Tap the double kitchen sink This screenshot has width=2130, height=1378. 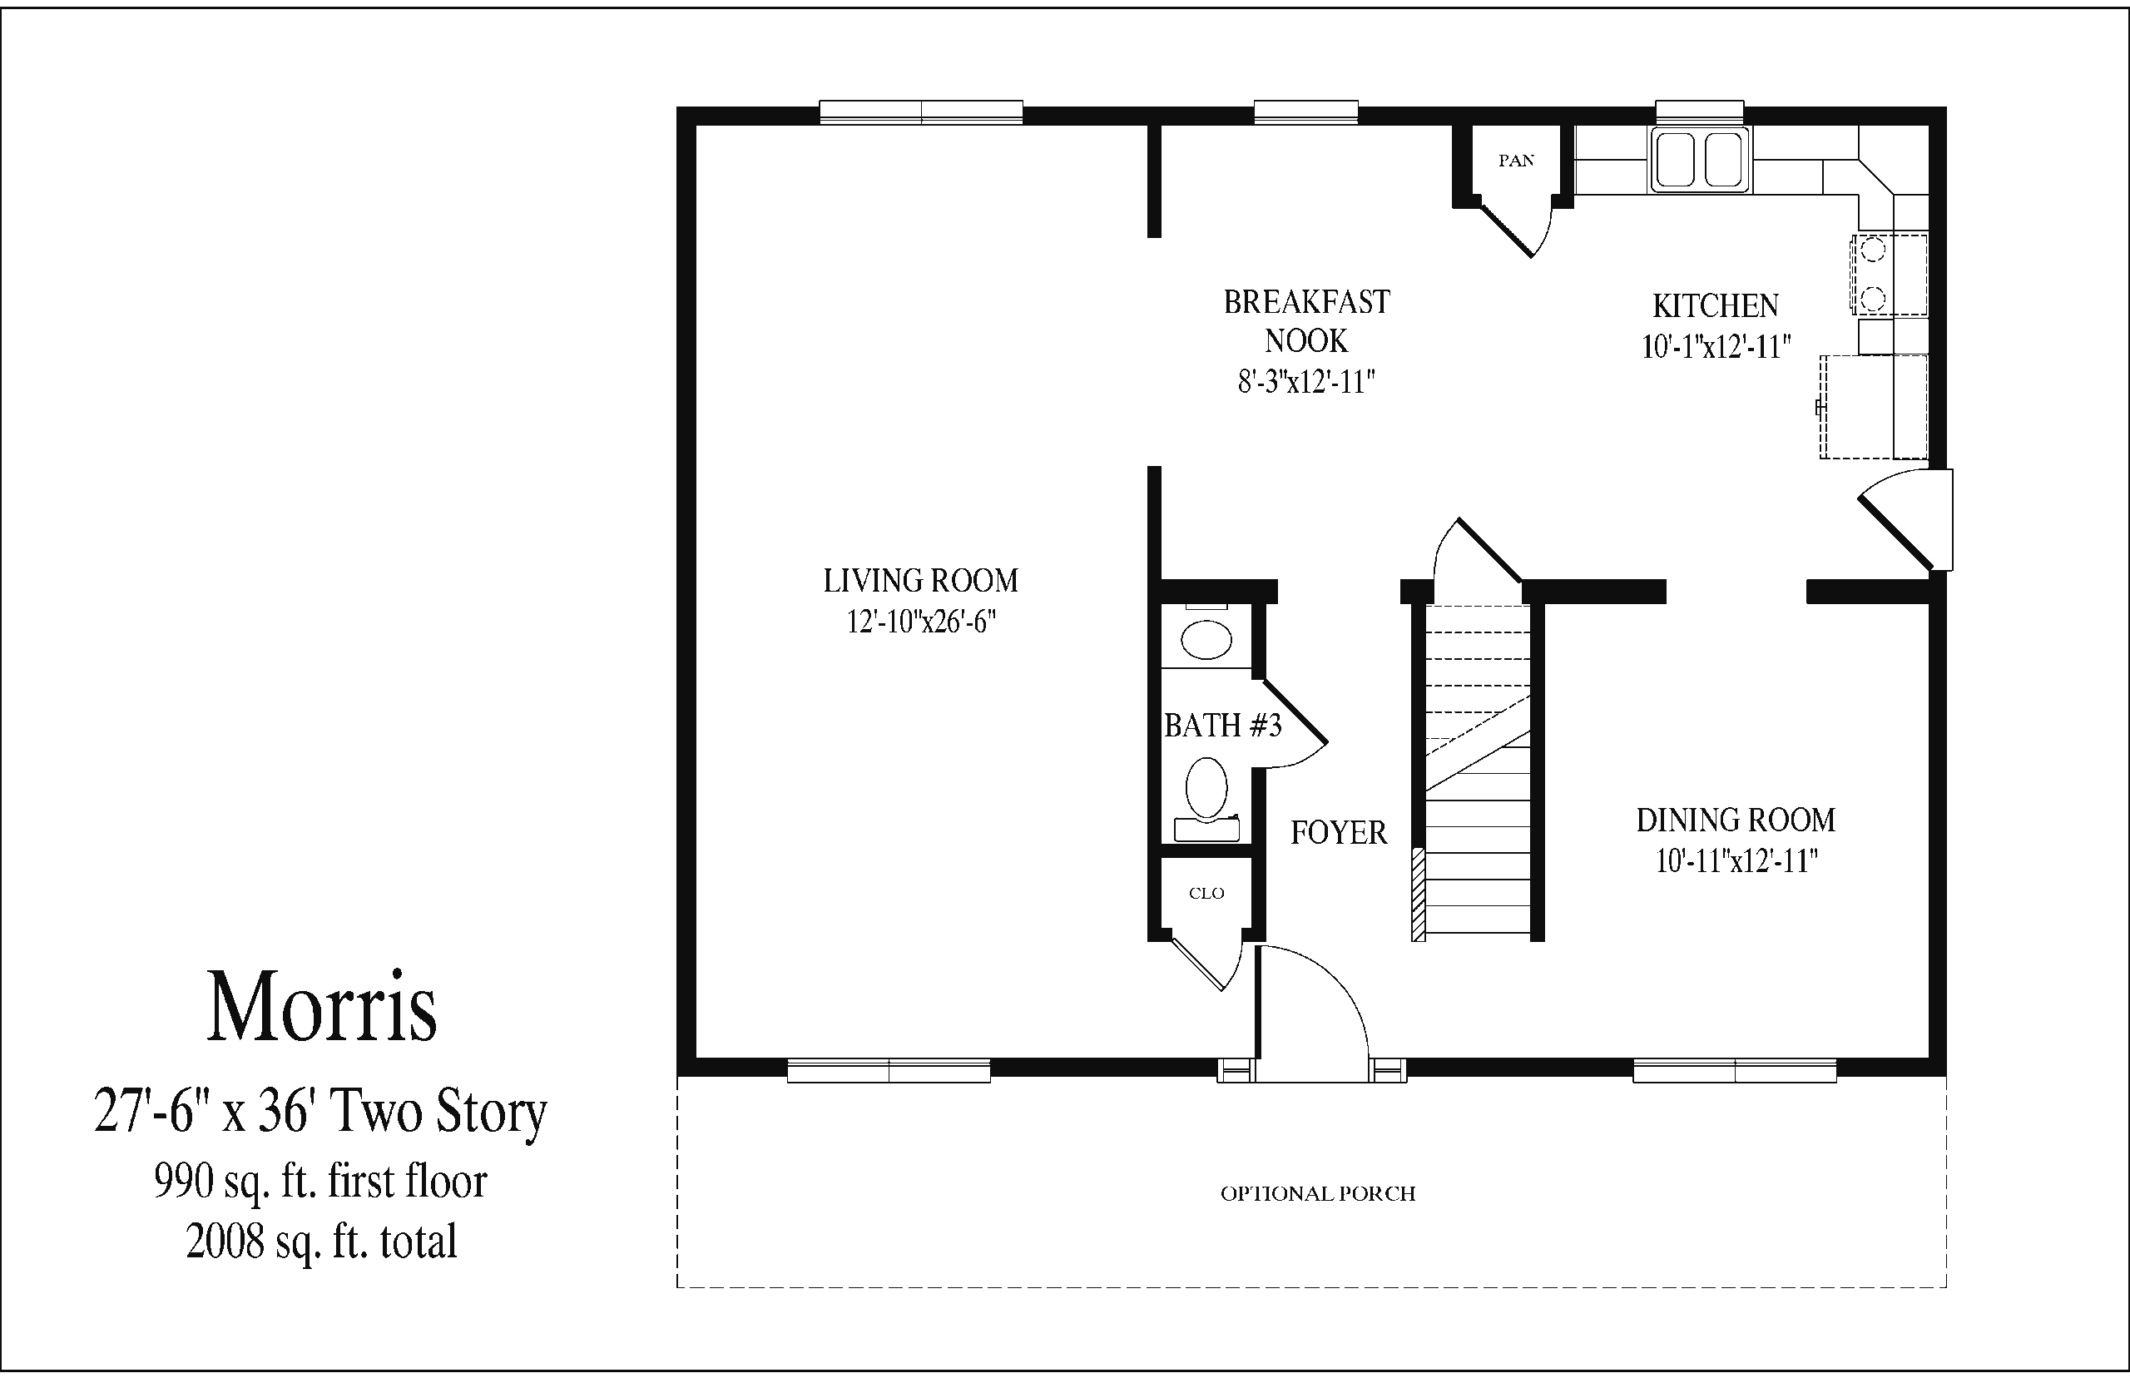click(1700, 159)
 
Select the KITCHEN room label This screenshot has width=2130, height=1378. click(1715, 306)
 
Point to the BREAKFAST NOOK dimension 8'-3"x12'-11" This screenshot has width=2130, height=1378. click(1306, 382)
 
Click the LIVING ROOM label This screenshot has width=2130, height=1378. click(920, 581)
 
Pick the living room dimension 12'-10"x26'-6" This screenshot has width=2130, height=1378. click(921, 621)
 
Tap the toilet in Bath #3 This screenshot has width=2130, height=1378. click(1206, 799)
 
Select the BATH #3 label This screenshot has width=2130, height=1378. click(1223, 725)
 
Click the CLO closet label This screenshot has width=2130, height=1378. click(1206, 893)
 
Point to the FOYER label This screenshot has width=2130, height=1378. click(1338, 833)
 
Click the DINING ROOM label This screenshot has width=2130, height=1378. click(1736, 820)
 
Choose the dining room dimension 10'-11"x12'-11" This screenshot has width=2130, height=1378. click(1736, 860)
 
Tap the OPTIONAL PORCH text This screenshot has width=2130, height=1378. click(1318, 1193)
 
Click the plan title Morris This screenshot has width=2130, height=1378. click(322, 1008)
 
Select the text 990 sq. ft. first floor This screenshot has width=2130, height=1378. click(320, 1181)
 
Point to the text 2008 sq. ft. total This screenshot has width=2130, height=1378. click(322, 1241)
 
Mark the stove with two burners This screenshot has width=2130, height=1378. click(1889, 274)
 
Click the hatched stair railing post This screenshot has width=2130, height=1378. click(1418, 894)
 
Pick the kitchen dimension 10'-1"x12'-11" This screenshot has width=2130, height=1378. click(1716, 346)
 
